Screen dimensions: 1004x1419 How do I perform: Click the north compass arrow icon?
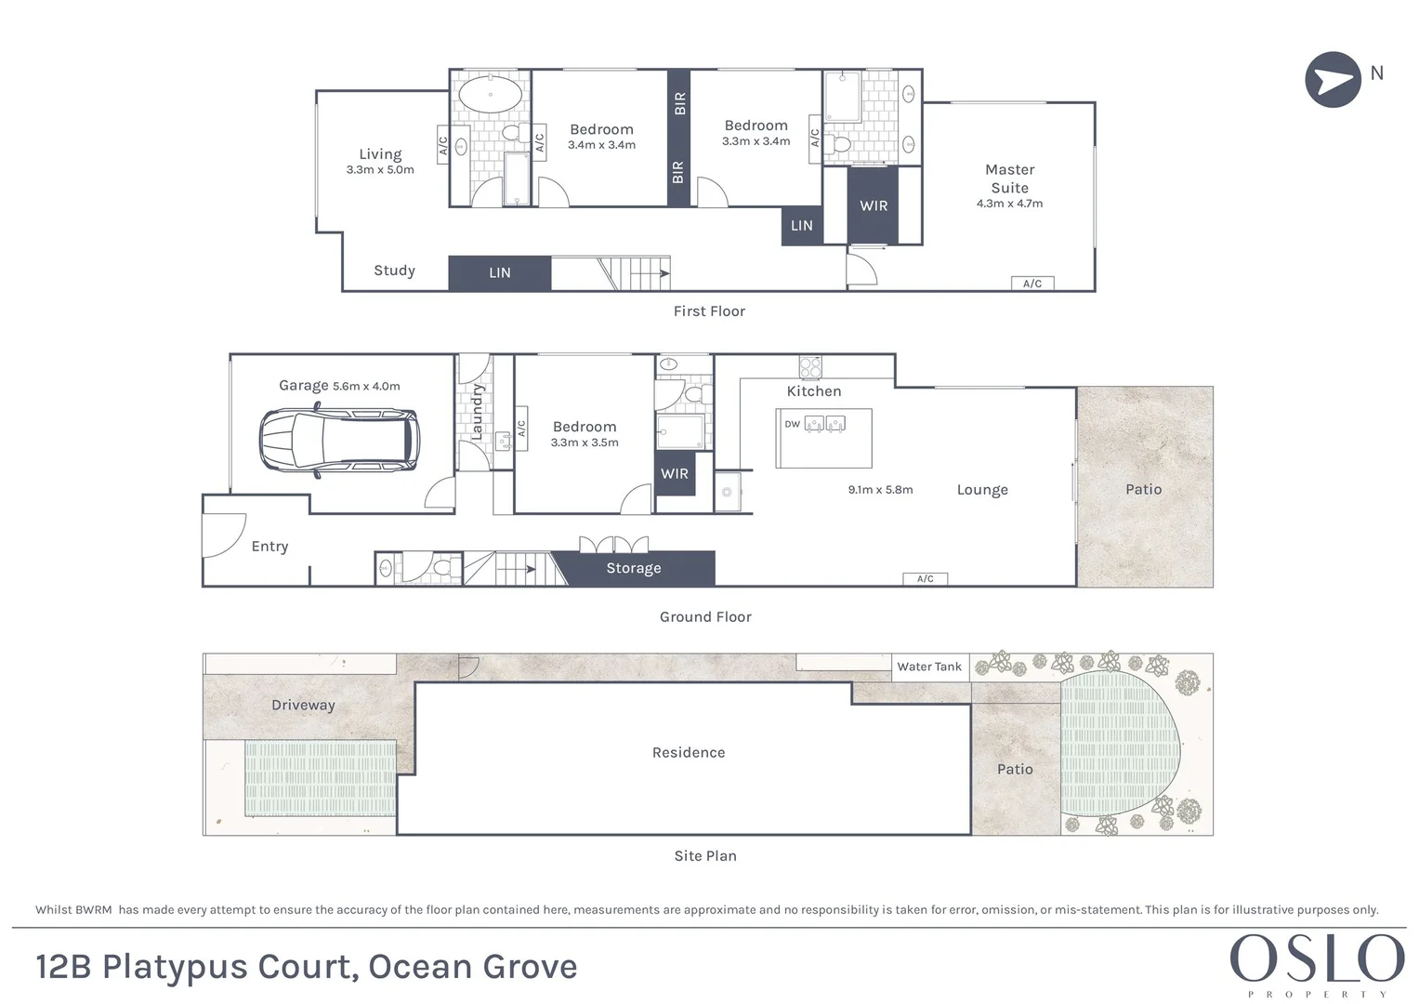point(1333,79)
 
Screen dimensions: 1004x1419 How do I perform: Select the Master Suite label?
point(1009,178)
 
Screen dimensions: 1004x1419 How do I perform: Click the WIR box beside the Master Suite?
point(873,205)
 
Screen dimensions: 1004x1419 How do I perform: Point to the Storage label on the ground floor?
point(633,568)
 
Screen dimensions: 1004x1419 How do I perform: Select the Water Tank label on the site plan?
point(928,667)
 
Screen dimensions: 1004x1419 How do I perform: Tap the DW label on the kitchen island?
point(792,424)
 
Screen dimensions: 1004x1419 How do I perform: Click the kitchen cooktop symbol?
point(810,366)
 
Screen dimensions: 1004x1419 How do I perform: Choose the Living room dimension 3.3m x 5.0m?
point(380,170)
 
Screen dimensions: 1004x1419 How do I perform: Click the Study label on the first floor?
point(394,271)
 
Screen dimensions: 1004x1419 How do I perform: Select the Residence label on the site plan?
point(688,752)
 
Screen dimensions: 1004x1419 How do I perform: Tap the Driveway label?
point(303,705)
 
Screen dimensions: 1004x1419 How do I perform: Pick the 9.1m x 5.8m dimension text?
point(880,489)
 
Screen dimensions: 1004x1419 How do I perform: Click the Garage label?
point(303,386)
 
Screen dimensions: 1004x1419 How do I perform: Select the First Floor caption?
point(709,311)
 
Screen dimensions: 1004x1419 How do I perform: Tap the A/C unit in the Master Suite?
point(1032,284)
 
